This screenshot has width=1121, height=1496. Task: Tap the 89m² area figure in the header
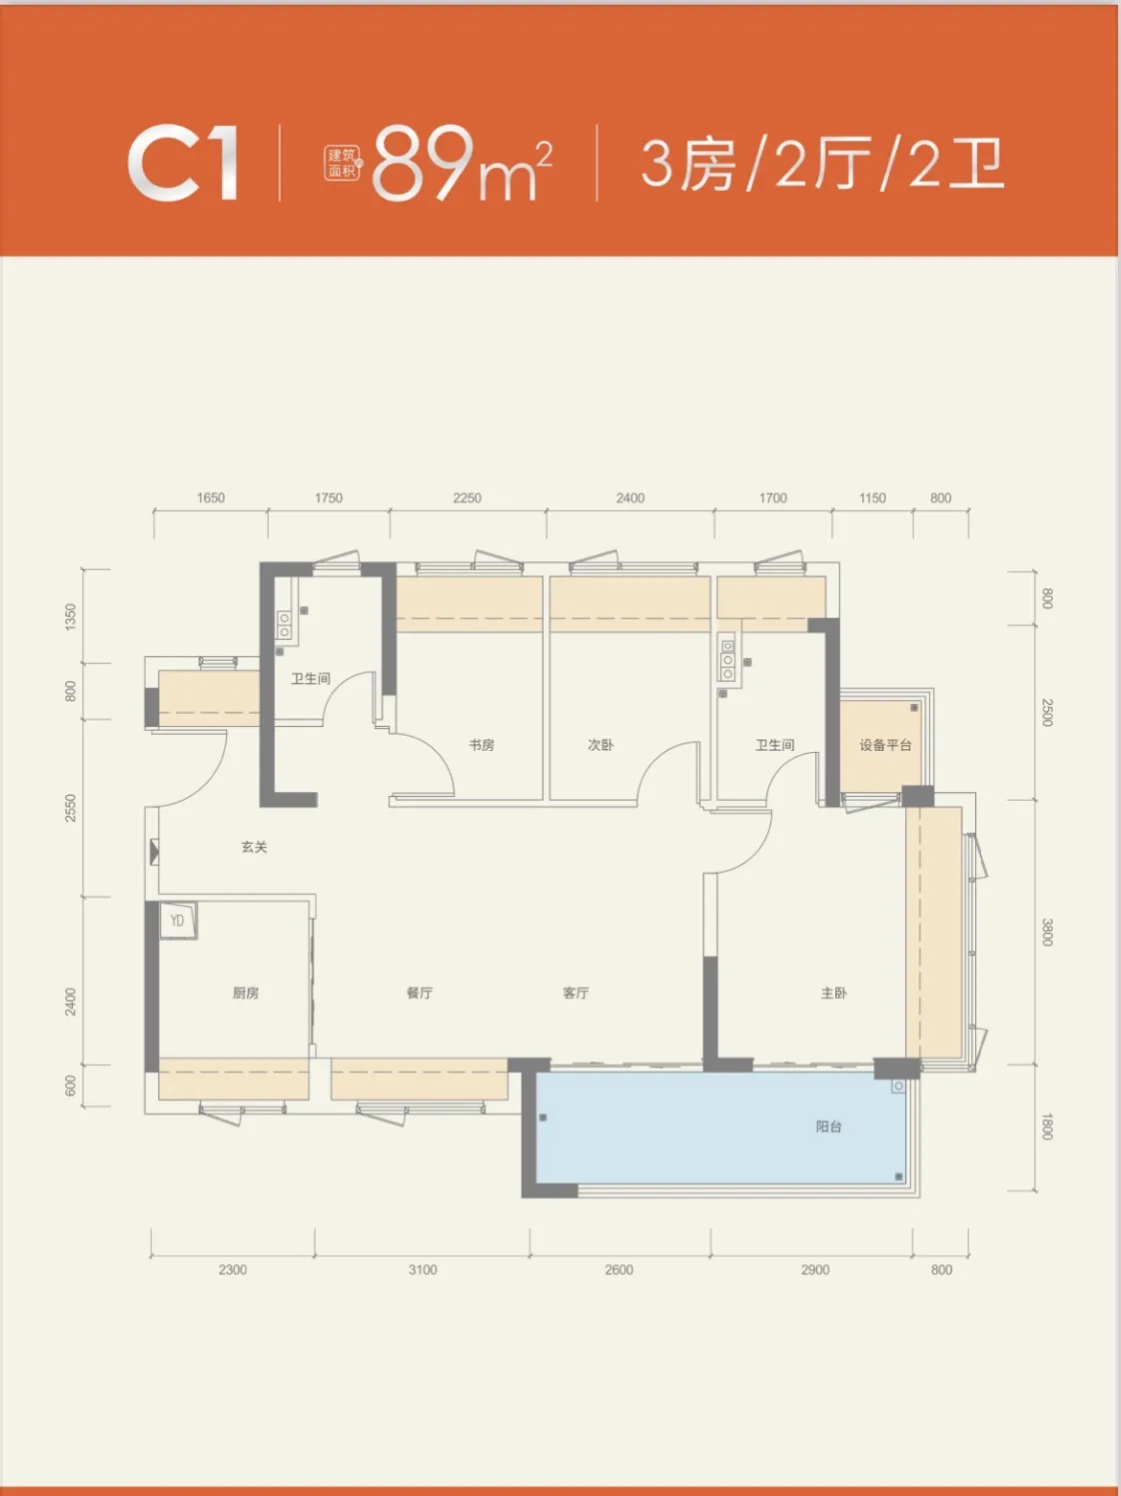[x=462, y=164]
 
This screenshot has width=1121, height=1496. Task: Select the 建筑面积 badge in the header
[x=343, y=164]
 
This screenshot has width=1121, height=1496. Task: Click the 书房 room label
[x=482, y=745]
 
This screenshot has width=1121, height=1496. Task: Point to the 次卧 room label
[x=600, y=745]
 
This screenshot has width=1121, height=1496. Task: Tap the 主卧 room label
[x=833, y=993]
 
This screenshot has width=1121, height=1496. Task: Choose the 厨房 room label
[x=246, y=993]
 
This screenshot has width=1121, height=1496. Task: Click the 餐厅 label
[x=420, y=993]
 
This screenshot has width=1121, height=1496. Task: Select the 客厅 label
[x=576, y=993]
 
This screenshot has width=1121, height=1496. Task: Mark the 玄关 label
[x=254, y=847]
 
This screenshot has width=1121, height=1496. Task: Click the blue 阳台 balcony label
[x=828, y=1126]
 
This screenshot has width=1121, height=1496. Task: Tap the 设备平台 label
[x=885, y=745]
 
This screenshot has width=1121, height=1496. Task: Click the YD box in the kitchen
[x=178, y=921]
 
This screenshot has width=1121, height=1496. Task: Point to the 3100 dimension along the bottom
[x=423, y=1269]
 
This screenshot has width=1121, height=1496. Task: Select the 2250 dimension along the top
[x=468, y=498]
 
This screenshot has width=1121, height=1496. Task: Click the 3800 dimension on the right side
[x=1047, y=933]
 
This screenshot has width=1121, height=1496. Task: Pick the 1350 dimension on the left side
[x=70, y=617]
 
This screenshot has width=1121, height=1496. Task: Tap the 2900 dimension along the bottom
[x=815, y=1269]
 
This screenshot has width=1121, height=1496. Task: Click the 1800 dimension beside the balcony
[x=1047, y=1126]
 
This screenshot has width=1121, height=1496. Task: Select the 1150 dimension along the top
[x=872, y=498]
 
